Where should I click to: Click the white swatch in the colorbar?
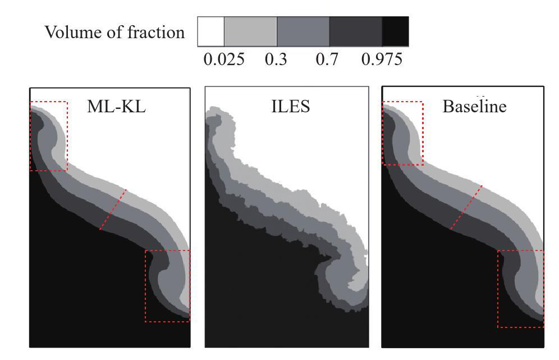coord(211,31)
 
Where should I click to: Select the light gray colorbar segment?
coord(250,31)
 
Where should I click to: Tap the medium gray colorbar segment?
coord(303,31)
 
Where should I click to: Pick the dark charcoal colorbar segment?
coord(355,31)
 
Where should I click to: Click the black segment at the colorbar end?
coord(395,31)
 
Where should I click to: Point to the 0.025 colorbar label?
coord(224,59)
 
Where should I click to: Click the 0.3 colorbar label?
coord(276,59)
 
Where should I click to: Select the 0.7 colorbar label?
coord(328,59)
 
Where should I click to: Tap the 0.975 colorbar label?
coord(382,59)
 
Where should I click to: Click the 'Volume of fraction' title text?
coord(114,33)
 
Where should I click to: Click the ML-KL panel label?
coord(116,106)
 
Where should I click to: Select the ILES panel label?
coord(290,106)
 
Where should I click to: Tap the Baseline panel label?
coord(474,106)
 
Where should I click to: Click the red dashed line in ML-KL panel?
coord(113,209)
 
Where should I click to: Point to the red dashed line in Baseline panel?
coord(466,207)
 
